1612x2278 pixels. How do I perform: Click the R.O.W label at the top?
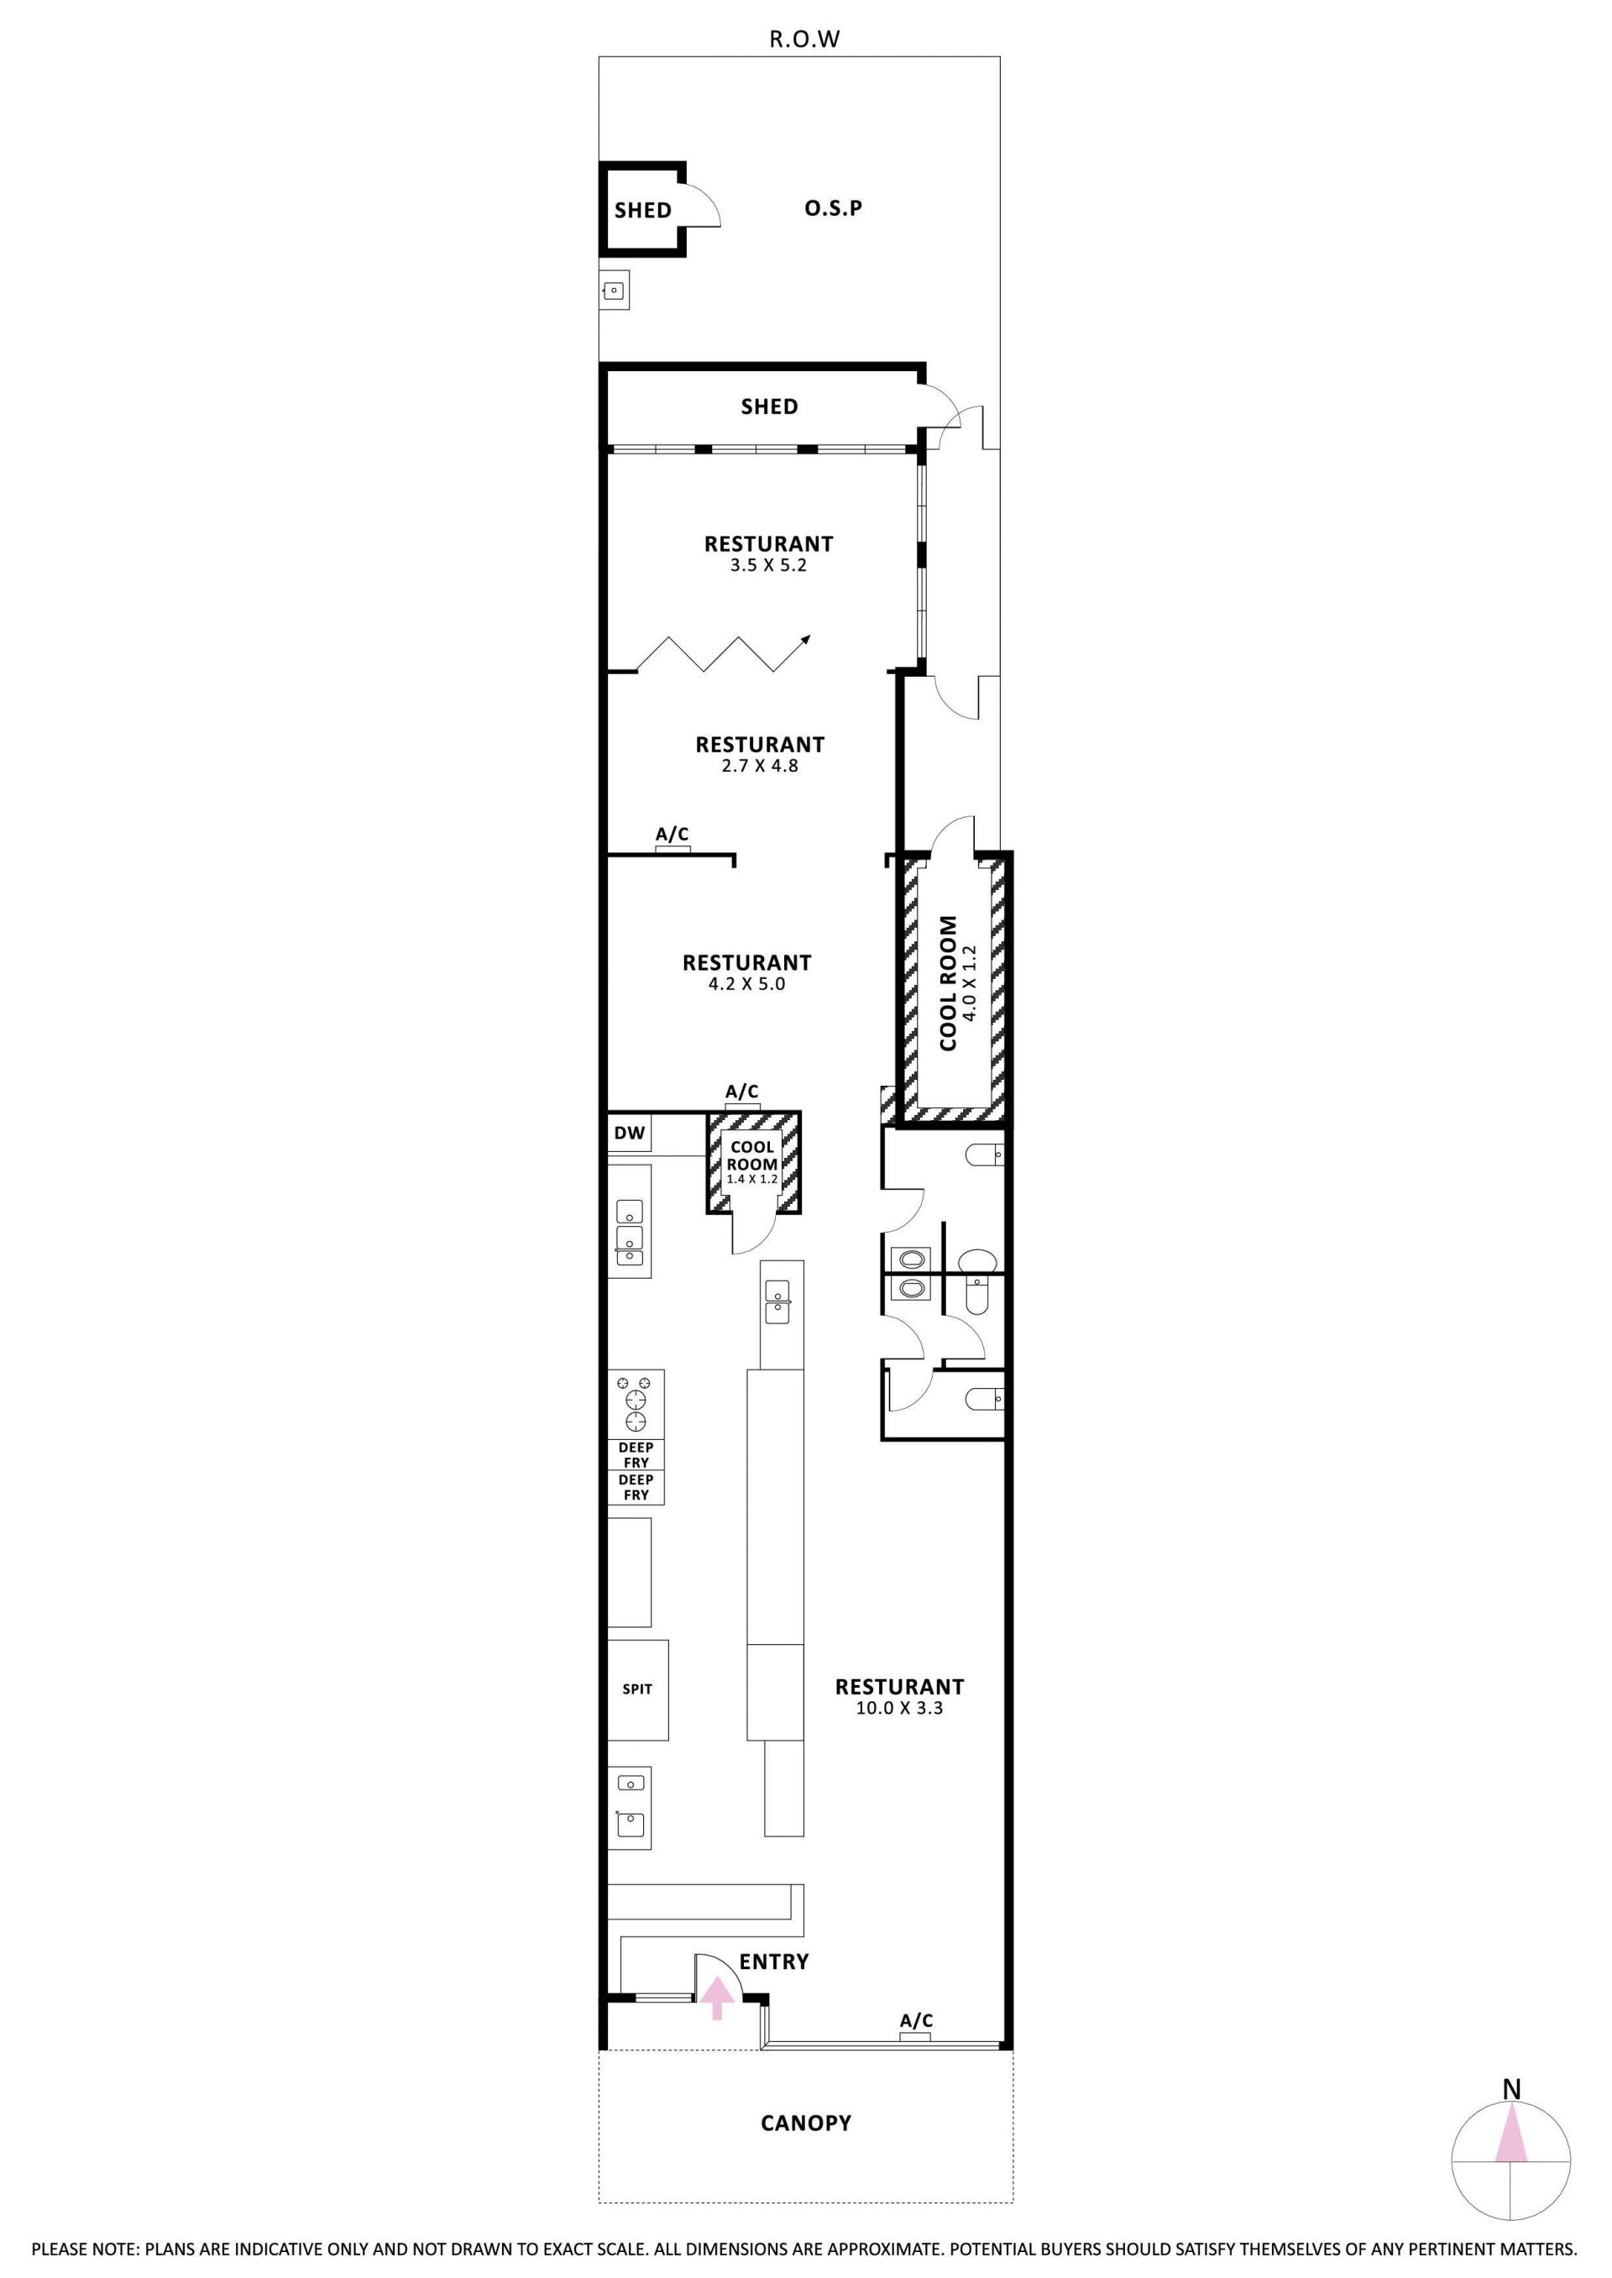pos(805,39)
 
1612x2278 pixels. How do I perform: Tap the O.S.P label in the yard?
pos(833,207)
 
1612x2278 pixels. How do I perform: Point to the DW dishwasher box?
pos(630,1133)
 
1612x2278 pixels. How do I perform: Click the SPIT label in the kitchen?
pos(637,1689)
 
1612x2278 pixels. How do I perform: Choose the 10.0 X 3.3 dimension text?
pos(899,1708)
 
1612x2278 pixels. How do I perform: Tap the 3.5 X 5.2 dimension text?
pos(768,565)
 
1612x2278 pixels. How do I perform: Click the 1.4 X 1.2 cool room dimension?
pos(752,1179)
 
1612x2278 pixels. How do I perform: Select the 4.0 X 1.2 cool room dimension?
pos(970,982)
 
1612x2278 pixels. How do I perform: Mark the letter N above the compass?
pos(1510,2088)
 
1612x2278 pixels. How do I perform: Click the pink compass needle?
pos(1510,2147)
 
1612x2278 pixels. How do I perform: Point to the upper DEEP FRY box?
pos(636,1455)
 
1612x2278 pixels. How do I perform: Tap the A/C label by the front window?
pos(916,2020)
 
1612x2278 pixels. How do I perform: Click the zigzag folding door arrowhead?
pos(806,638)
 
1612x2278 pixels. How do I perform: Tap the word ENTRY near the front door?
pos(774,1961)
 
